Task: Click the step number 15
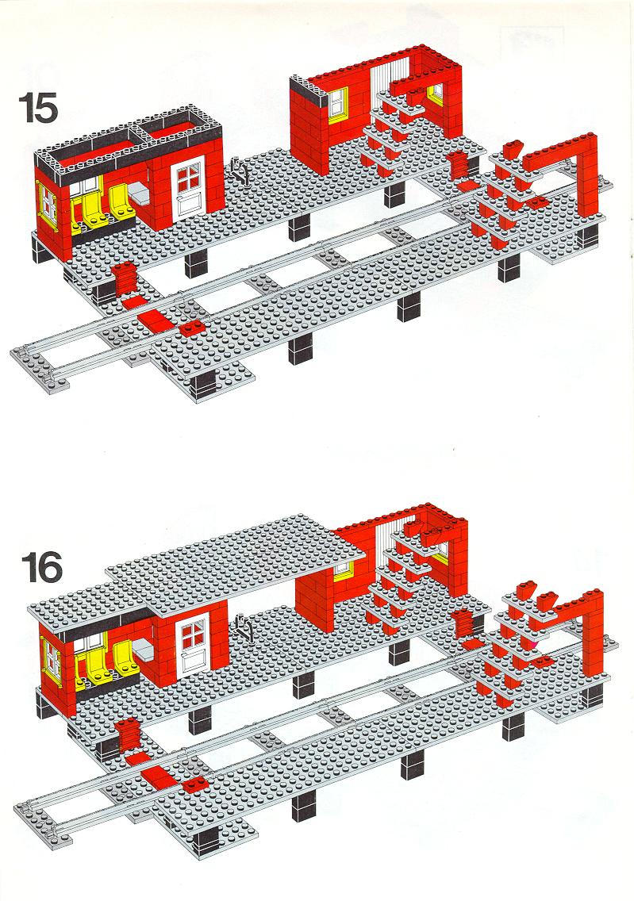39,109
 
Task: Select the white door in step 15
189,187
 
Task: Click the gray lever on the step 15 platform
240,171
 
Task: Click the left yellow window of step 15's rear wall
337,105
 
